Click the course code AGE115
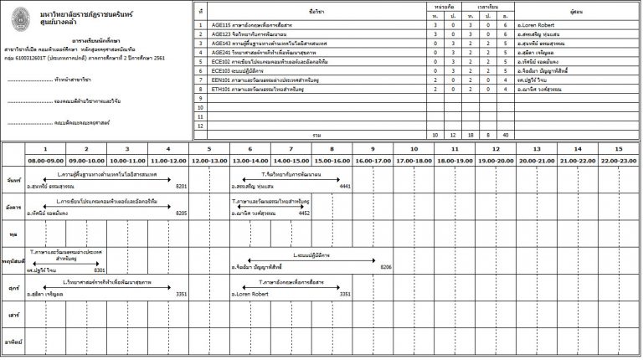[x=222, y=25]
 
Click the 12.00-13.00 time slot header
[x=209, y=159]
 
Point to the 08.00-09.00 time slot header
[x=45, y=159]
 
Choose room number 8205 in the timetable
[x=181, y=213]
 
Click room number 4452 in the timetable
[x=304, y=213]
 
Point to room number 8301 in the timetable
[x=99, y=270]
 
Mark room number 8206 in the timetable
[x=386, y=267]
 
